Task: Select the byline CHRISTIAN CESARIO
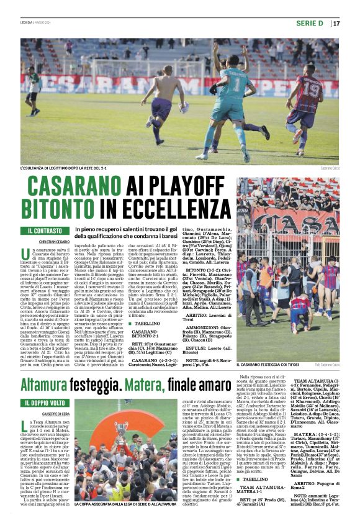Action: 56,241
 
